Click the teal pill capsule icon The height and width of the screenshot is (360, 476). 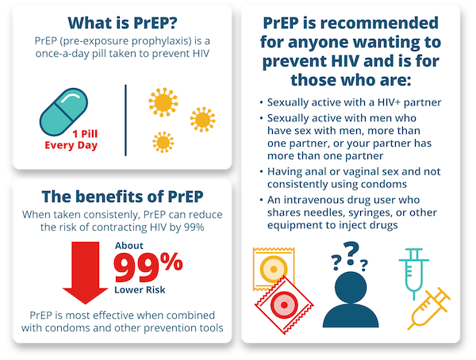(63, 112)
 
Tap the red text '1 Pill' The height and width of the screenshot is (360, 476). (85, 133)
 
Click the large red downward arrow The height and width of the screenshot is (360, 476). (86, 273)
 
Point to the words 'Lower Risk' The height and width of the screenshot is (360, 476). (140, 289)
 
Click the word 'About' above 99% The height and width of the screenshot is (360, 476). (129, 246)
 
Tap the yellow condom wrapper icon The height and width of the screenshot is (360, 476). (273, 268)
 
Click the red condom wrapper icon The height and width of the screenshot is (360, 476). (284, 304)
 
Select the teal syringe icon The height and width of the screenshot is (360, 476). (414, 274)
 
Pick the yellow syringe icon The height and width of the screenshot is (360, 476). (428, 308)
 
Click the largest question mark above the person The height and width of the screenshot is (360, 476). (351, 253)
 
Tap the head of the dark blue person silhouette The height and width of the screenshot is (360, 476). (351, 287)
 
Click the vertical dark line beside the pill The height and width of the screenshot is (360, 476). (125, 121)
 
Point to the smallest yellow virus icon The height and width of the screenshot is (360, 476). (163, 142)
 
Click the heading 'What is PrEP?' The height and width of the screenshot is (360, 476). (122, 23)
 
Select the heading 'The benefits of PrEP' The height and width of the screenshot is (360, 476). (122, 197)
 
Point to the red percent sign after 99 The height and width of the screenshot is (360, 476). (171, 262)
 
